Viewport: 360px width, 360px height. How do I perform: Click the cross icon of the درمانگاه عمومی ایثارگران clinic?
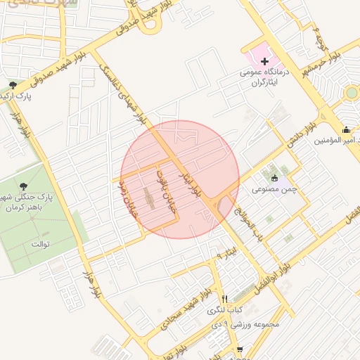264,63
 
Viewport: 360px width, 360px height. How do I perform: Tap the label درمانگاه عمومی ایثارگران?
265,78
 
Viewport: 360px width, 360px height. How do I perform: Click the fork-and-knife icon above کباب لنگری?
225,299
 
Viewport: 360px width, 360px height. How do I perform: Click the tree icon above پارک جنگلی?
25,186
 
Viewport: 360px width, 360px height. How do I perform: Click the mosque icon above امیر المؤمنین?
346,130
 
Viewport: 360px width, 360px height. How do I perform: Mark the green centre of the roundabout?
351,93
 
